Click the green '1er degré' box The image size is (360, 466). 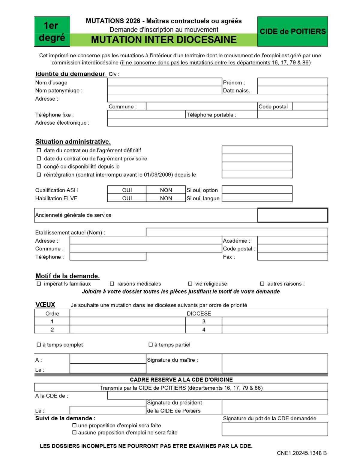(x=52, y=32)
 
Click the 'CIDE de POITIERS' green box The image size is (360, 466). (x=292, y=32)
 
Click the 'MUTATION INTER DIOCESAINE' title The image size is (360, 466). (x=163, y=40)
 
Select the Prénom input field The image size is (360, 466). (x=292, y=82)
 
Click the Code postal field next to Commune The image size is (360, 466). (x=310, y=106)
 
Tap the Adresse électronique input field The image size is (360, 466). (x=217, y=123)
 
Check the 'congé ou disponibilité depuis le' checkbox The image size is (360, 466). (x=39, y=166)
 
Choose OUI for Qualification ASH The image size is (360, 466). (x=127, y=190)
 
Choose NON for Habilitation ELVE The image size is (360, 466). (x=166, y=198)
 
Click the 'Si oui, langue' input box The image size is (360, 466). (x=257, y=198)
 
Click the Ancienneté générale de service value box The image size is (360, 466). (x=292, y=215)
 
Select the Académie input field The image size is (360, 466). (x=292, y=241)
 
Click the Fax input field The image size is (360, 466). (x=292, y=256)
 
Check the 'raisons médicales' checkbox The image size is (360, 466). (x=112, y=283)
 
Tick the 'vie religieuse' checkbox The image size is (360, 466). (x=190, y=283)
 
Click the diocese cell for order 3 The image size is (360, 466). (x=274, y=321)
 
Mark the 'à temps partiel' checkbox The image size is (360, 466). (x=151, y=345)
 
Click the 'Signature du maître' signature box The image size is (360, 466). (x=274, y=363)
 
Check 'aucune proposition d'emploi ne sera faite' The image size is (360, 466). (x=74, y=432)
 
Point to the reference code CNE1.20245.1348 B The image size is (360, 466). (x=301, y=453)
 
